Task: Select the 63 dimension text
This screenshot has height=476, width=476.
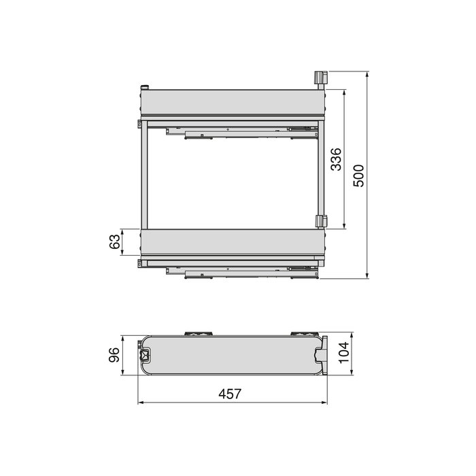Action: (x=115, y=242)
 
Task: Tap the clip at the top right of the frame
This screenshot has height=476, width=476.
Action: (x=320, y=78)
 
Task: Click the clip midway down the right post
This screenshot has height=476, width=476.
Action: (x=320, y=222)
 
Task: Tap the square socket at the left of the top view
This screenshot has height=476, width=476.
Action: (x=145, y=355)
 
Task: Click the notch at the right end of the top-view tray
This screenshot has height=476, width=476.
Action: (x=320, y=355)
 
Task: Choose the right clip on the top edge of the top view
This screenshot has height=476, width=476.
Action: (x=300, y=334)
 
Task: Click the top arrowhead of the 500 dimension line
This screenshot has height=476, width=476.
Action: (x=367, y=73)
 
